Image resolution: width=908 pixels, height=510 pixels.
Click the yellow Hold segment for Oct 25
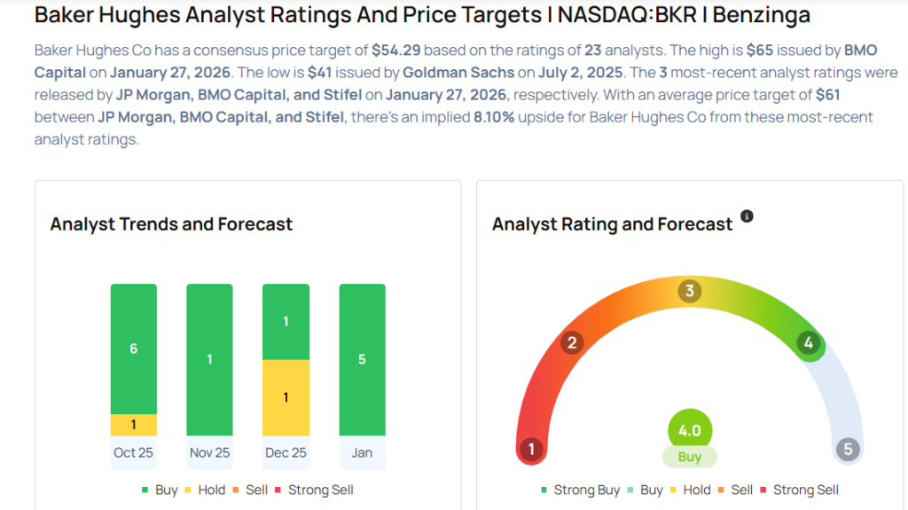click(x=134, y=425)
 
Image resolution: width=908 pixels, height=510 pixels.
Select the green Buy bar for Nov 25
click(x=210, y=359)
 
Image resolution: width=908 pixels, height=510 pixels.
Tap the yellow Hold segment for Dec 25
click(x=286, y=397)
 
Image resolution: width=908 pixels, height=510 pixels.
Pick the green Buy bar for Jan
click(x=363, y=359)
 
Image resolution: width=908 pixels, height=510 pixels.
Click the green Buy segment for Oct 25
click(x=134, y=349)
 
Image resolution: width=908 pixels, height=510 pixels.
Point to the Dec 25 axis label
click(x=286, y=452)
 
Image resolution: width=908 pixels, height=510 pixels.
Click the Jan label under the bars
click(x=362, y=452)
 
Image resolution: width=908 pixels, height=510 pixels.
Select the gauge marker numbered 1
click(x=531, y=449)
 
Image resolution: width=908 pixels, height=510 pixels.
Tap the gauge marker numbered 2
click(x=573, y=343)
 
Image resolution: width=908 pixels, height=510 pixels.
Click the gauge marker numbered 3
click(x=689, y=291)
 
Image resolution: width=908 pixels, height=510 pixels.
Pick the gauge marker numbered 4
click(x=808, y=343)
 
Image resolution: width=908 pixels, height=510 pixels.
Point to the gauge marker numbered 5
click(x=848, y=449)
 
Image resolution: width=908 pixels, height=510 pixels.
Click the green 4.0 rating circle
click(x=690, y=431)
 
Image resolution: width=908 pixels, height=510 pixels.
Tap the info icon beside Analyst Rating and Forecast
click(x=747, y=216)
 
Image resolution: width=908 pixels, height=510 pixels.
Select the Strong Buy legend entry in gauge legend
click(x=581, y=490)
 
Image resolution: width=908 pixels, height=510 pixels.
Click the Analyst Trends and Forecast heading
click(x=171, y=224)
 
